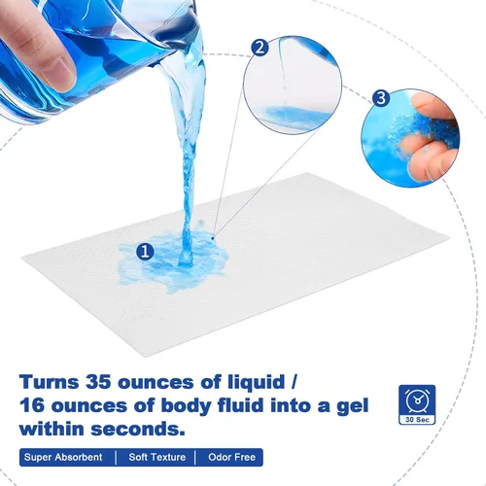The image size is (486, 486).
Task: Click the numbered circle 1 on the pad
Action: (x=146, y=251)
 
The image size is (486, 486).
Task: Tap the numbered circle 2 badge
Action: (x=260, y=49)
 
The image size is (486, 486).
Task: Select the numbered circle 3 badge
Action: (x=381, y=98)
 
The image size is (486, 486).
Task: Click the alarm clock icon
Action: (x=417, y=399)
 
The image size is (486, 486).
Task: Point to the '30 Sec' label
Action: (x=417, y=419)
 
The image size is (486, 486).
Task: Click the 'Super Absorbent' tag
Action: (x=63, y=457)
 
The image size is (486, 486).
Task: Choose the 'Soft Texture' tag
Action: (x=157, y=457)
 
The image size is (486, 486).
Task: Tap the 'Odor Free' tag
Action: (x=231, y=457)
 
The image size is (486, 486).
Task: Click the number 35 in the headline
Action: (x=98, y=382)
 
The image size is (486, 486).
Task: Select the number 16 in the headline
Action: (x=32, y=406)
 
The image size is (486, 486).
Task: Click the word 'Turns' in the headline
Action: (x=50, y=382)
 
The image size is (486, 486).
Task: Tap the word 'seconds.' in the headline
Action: (x=137, y=430)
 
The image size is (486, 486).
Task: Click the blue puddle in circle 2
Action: (x=294, y=115)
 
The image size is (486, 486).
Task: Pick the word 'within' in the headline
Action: (x=52, y=430)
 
